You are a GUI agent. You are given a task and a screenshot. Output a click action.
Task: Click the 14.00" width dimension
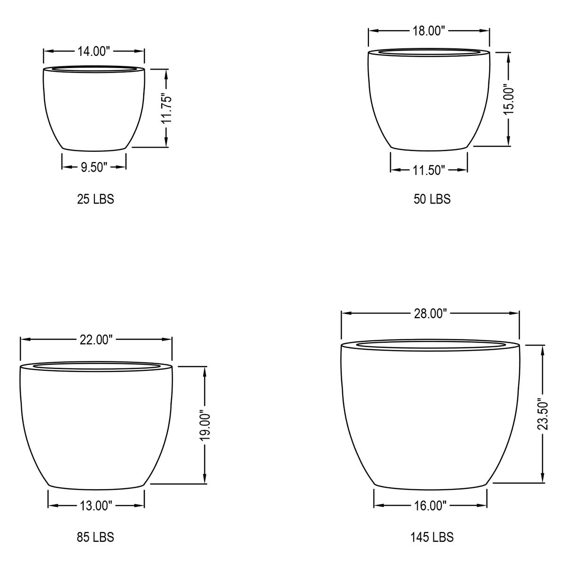(94, 52)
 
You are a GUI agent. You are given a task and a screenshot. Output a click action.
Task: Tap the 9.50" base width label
(94, 167)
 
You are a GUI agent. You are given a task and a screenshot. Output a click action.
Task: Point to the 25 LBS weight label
(95, 199)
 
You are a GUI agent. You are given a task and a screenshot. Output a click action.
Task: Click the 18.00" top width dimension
(429, 31)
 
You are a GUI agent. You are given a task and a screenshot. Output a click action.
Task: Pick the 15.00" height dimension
(509, 99)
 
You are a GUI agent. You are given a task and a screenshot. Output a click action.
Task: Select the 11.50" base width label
(429, 170)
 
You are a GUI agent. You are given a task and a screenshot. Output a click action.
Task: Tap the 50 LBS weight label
(432, 199)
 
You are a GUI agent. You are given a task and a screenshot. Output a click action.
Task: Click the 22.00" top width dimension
(96, 340)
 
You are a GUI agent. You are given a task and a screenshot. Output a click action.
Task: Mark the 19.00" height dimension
(205, 425)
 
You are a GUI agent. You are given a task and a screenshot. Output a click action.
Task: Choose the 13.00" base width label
(96, 506)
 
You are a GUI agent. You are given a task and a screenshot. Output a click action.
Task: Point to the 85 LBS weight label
(95, 537)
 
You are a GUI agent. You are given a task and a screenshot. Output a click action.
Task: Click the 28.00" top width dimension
(430, 313)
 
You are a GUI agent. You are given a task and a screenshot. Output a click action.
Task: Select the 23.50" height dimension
(543, 414)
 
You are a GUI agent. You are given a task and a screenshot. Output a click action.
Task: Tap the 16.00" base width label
(430, 506)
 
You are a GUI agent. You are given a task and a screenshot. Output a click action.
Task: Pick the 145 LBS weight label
(431, 537)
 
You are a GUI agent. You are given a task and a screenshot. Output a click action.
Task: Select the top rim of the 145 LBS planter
(430, 346)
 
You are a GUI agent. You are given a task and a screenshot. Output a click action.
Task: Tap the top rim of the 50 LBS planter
(429, 51)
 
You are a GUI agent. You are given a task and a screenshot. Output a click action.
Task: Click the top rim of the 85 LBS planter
(96, 366)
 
